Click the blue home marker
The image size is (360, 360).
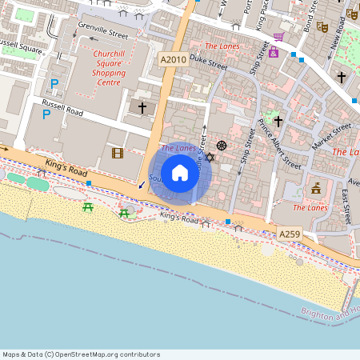click(x=180, y=173)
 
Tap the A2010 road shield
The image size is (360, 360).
click(x=173, y=59)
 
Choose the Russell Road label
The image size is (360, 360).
click(x=63, y=107)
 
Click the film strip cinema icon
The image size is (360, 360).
click(x=118, y=153)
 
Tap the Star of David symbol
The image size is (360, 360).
click(x=210, y=157)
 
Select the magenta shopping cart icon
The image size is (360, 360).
click(x=278, y=37)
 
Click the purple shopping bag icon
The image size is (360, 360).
click(x=274, y=52)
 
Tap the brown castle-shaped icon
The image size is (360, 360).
click(x=316, y=189)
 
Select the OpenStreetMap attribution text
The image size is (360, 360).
click(x=81, y=354)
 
